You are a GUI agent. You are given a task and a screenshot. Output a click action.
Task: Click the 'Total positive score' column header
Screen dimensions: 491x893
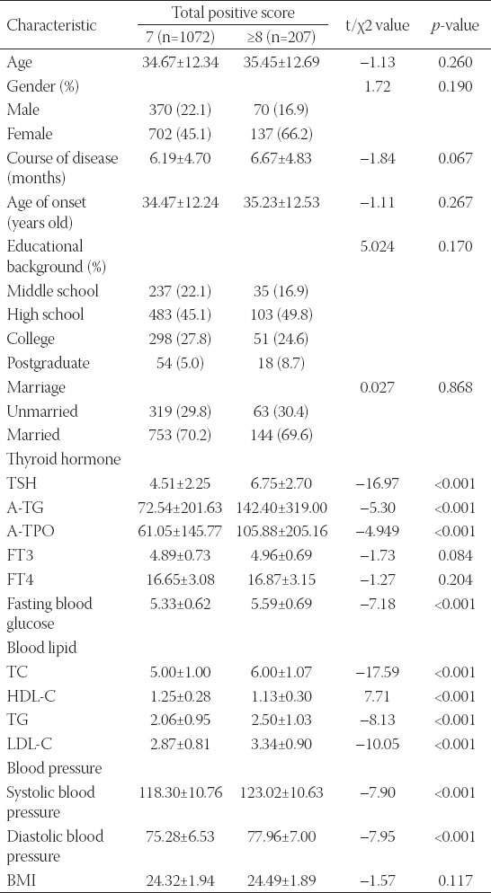click(233, 12)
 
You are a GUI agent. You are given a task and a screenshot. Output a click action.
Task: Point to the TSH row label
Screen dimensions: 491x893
click(20, 483)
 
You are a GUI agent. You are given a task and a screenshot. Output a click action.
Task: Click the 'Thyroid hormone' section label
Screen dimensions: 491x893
click(56, 460)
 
